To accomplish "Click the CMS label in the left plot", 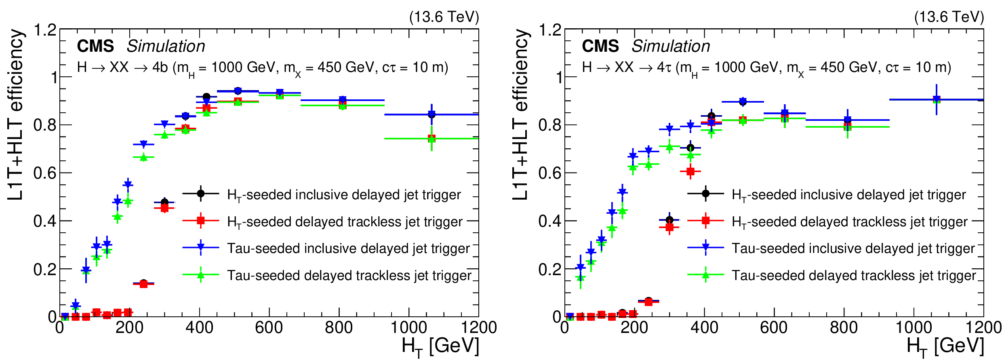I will point(95,46).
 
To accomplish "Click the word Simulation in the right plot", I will point(671,46).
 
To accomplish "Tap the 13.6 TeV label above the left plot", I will point(444,17).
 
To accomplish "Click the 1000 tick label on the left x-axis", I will point(408,327).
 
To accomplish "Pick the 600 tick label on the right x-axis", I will point(774,327).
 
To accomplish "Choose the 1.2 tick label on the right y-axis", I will point(550,30).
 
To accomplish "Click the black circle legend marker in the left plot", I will point(201,194).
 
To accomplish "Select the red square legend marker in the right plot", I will point(706,221).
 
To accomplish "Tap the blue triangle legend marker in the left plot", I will point(201,248).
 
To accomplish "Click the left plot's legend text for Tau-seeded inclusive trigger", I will point(348,248).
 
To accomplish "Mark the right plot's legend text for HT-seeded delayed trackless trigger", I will point(849,222).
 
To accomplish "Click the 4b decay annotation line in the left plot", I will point(263,67).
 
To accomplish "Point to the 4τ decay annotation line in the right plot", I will point(766,67).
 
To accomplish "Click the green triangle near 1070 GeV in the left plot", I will point(431,139).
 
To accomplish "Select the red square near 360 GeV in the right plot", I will point(690,172).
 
